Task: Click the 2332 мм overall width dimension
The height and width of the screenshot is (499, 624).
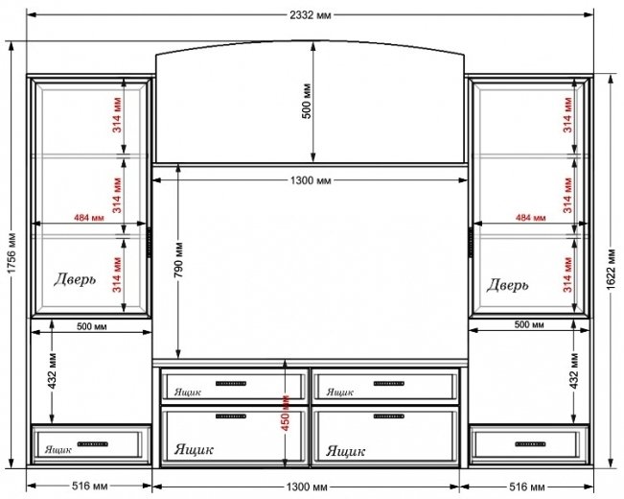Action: (310, 15)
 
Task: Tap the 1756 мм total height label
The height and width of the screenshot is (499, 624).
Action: (12, 252)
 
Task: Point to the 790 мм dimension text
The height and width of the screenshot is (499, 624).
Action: (178, 260)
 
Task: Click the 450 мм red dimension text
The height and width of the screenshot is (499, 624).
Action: (286, 413)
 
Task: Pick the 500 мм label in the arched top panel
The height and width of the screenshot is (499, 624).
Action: (307, 101)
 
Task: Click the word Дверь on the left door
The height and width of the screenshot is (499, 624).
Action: (75, 279)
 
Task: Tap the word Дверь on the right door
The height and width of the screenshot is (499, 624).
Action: (507, 285)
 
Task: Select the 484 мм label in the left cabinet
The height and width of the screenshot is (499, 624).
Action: (89, 218)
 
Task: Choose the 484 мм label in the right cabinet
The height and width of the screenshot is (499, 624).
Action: (530, 218)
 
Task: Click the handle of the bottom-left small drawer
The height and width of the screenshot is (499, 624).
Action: (93, 444)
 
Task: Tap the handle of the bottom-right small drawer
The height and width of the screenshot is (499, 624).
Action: (530, 444)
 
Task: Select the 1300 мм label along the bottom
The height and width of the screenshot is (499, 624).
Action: (307, 487)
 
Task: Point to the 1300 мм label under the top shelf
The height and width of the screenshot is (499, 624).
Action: (311, 180)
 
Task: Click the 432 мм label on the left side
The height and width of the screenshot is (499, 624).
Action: (52, 370)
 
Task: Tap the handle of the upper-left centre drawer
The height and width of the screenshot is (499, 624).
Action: (231, 384)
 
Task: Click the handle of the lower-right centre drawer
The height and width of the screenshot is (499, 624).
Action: (389, 416)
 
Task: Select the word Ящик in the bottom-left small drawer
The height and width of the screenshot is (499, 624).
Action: (58, 450)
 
